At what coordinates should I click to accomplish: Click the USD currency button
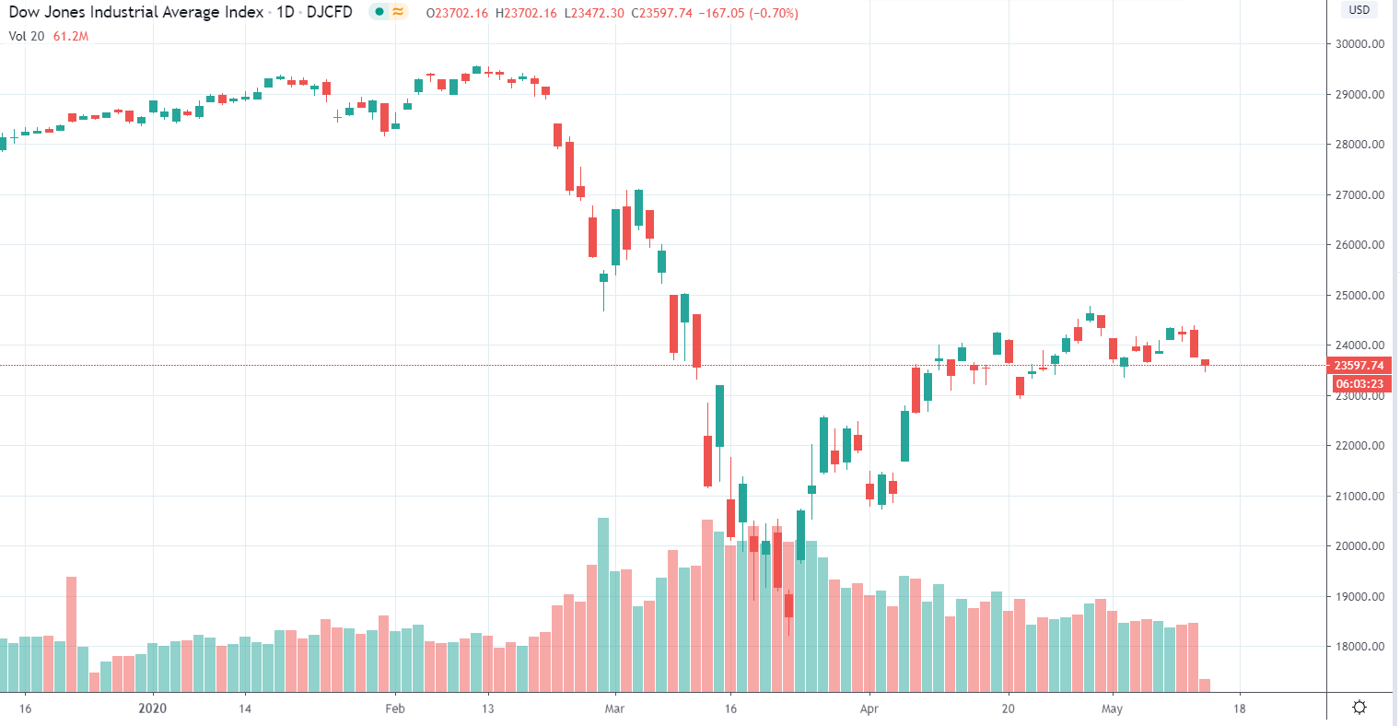coord(1359,10)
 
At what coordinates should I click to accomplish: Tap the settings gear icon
coord(1359,708)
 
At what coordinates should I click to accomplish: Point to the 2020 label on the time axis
coord(152,708)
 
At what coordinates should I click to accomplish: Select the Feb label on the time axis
coord(394,708)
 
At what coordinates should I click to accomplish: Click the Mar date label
coord(614,708)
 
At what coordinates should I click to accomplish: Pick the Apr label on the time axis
coord(869,708)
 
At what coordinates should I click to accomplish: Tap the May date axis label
coord(1112,708)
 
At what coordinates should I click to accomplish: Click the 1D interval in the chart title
coord(286,13)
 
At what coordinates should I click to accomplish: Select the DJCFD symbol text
coord(329,13)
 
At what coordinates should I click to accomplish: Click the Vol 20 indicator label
coord(27,36)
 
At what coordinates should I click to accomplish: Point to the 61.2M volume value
coord(71,36)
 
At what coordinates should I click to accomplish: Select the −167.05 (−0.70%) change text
coord(748,13)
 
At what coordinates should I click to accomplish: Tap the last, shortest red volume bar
coord(1205,685)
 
